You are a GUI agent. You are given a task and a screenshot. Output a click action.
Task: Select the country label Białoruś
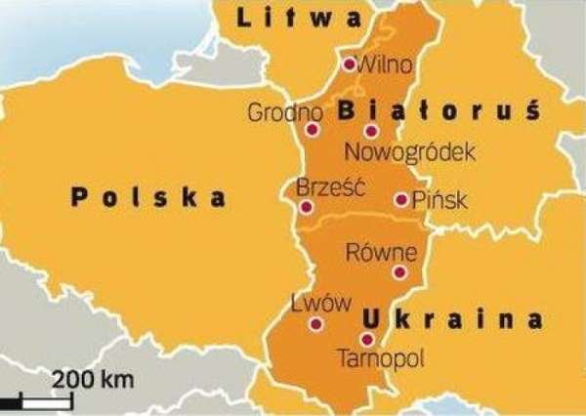point(439,111)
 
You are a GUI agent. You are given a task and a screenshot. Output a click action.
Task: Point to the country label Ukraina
point(452,318)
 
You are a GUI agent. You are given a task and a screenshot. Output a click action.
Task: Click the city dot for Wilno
point(349,63)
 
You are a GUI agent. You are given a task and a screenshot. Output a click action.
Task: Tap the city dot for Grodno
point(312,129)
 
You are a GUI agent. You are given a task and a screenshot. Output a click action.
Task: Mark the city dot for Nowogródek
point(370,130)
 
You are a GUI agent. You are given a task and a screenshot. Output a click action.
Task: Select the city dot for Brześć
point(307,207)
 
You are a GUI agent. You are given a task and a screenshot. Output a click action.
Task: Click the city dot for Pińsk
point(400,199)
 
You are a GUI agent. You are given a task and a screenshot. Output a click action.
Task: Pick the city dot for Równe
point(398,272)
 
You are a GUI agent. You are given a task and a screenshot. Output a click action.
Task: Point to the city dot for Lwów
point(315,324)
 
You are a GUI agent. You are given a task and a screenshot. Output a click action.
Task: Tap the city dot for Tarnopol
point(366,339)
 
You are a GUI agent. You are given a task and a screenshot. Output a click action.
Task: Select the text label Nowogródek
point(410,152)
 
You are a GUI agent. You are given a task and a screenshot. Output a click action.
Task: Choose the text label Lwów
point(321,304)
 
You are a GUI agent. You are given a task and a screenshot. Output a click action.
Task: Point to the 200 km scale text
point(93,378)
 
